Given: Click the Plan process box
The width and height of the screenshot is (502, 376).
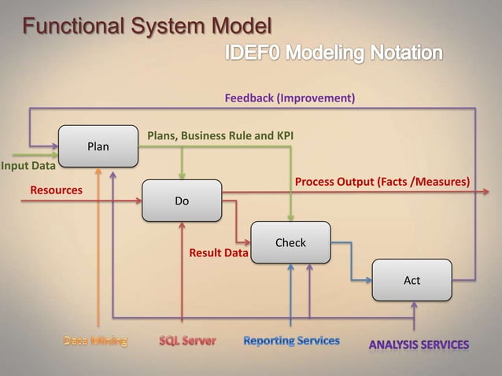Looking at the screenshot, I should point(98,146).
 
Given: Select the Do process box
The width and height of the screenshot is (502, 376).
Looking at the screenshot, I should point(182,201).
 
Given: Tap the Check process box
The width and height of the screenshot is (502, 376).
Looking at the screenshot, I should point(290,243).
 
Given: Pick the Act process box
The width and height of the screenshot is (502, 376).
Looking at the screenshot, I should point(412,280).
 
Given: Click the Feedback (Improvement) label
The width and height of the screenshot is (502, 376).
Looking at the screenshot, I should point(290,99).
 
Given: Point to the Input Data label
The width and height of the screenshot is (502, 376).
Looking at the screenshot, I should point(28,166).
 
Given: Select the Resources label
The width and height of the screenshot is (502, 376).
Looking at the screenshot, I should point(56,190).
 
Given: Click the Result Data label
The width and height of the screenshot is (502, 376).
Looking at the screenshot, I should point(219,254).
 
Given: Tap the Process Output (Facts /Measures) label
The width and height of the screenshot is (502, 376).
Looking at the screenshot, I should point(382,182).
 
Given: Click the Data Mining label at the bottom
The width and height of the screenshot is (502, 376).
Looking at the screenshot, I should point(95,341).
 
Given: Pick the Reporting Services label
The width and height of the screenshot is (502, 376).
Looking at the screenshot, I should point(291,341).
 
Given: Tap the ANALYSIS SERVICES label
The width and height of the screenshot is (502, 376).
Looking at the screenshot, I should point(419,345).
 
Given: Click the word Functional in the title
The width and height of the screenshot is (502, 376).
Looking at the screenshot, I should point(68,28).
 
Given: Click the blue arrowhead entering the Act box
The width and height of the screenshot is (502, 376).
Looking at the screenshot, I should point(367,280).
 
